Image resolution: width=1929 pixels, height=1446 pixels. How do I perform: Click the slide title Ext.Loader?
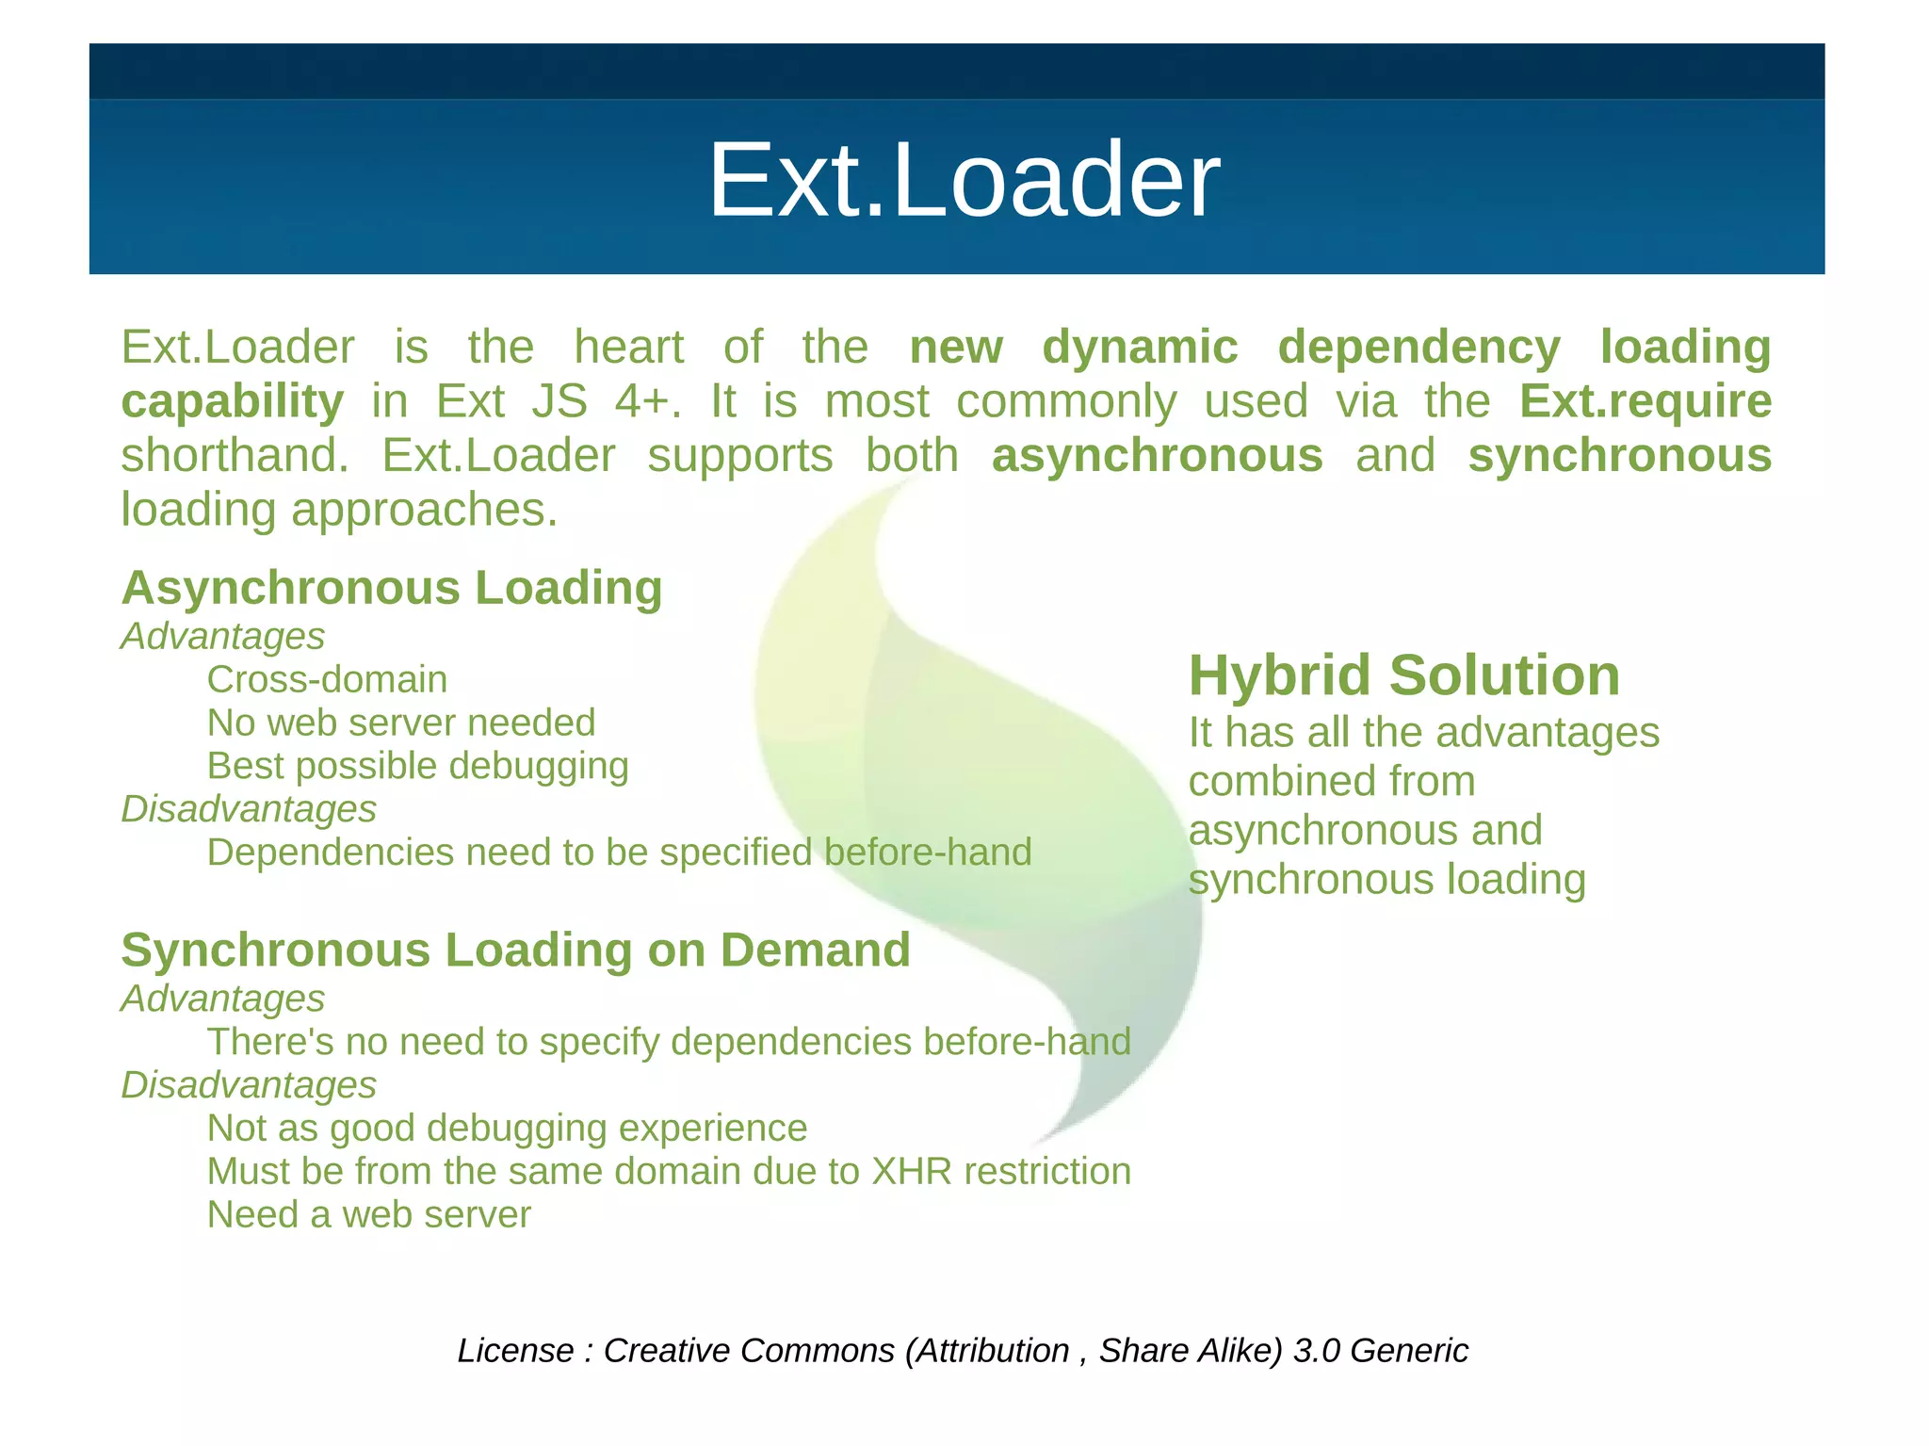963,181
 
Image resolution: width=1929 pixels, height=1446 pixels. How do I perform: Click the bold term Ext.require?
1645,402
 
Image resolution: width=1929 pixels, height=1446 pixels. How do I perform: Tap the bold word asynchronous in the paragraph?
1157,457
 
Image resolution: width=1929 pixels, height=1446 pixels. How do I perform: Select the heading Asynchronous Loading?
392,589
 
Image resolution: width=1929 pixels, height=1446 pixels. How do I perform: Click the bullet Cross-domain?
327,680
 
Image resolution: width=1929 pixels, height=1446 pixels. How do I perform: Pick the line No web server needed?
401,723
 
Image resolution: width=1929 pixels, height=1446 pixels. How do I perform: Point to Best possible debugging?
417,767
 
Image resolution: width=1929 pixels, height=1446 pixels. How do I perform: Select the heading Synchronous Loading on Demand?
515,950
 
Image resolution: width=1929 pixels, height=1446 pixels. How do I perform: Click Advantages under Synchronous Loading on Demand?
222,999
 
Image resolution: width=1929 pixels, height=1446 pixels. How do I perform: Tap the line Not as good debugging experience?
507,1129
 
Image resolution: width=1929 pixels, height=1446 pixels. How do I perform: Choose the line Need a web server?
368,1215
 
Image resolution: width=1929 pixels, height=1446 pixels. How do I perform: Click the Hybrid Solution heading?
1403,676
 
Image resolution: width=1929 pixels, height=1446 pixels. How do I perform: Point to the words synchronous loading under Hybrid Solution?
1386,881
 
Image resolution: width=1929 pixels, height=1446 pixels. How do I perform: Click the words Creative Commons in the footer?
749,1351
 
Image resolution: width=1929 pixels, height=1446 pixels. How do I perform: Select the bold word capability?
233,402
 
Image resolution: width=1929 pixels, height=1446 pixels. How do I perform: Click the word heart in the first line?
628,348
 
